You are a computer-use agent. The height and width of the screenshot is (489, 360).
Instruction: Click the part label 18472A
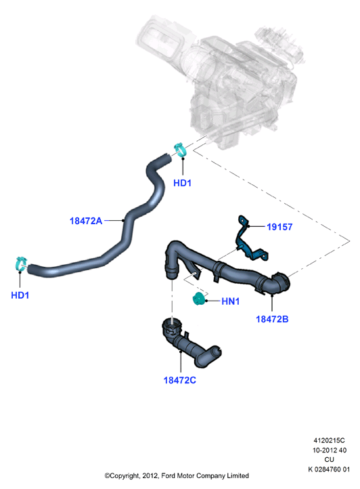(86, 221)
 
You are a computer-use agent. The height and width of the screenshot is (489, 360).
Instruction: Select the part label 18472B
(272, 319)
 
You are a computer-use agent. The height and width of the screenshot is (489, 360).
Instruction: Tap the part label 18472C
(180, 380)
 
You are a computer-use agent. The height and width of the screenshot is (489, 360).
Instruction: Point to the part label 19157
(279, 227)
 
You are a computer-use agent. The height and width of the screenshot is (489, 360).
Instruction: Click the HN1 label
(230, 301)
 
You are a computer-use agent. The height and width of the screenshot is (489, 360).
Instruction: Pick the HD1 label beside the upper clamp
(182, 183)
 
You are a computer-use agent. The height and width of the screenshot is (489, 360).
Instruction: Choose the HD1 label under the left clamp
(20, 295)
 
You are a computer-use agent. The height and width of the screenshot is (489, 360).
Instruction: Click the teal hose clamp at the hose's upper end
(180, 150)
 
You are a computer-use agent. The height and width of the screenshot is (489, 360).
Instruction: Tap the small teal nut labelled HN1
(198, 299)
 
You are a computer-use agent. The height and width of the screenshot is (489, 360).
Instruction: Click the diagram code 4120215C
(329, 440)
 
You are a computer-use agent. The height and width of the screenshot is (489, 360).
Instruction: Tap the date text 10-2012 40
(330, 450)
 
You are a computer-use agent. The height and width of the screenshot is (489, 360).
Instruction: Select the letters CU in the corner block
(329, 460)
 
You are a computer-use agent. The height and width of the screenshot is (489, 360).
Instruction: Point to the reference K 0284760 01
(329, 469)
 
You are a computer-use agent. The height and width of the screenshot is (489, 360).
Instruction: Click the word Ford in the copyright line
(168, 476)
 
